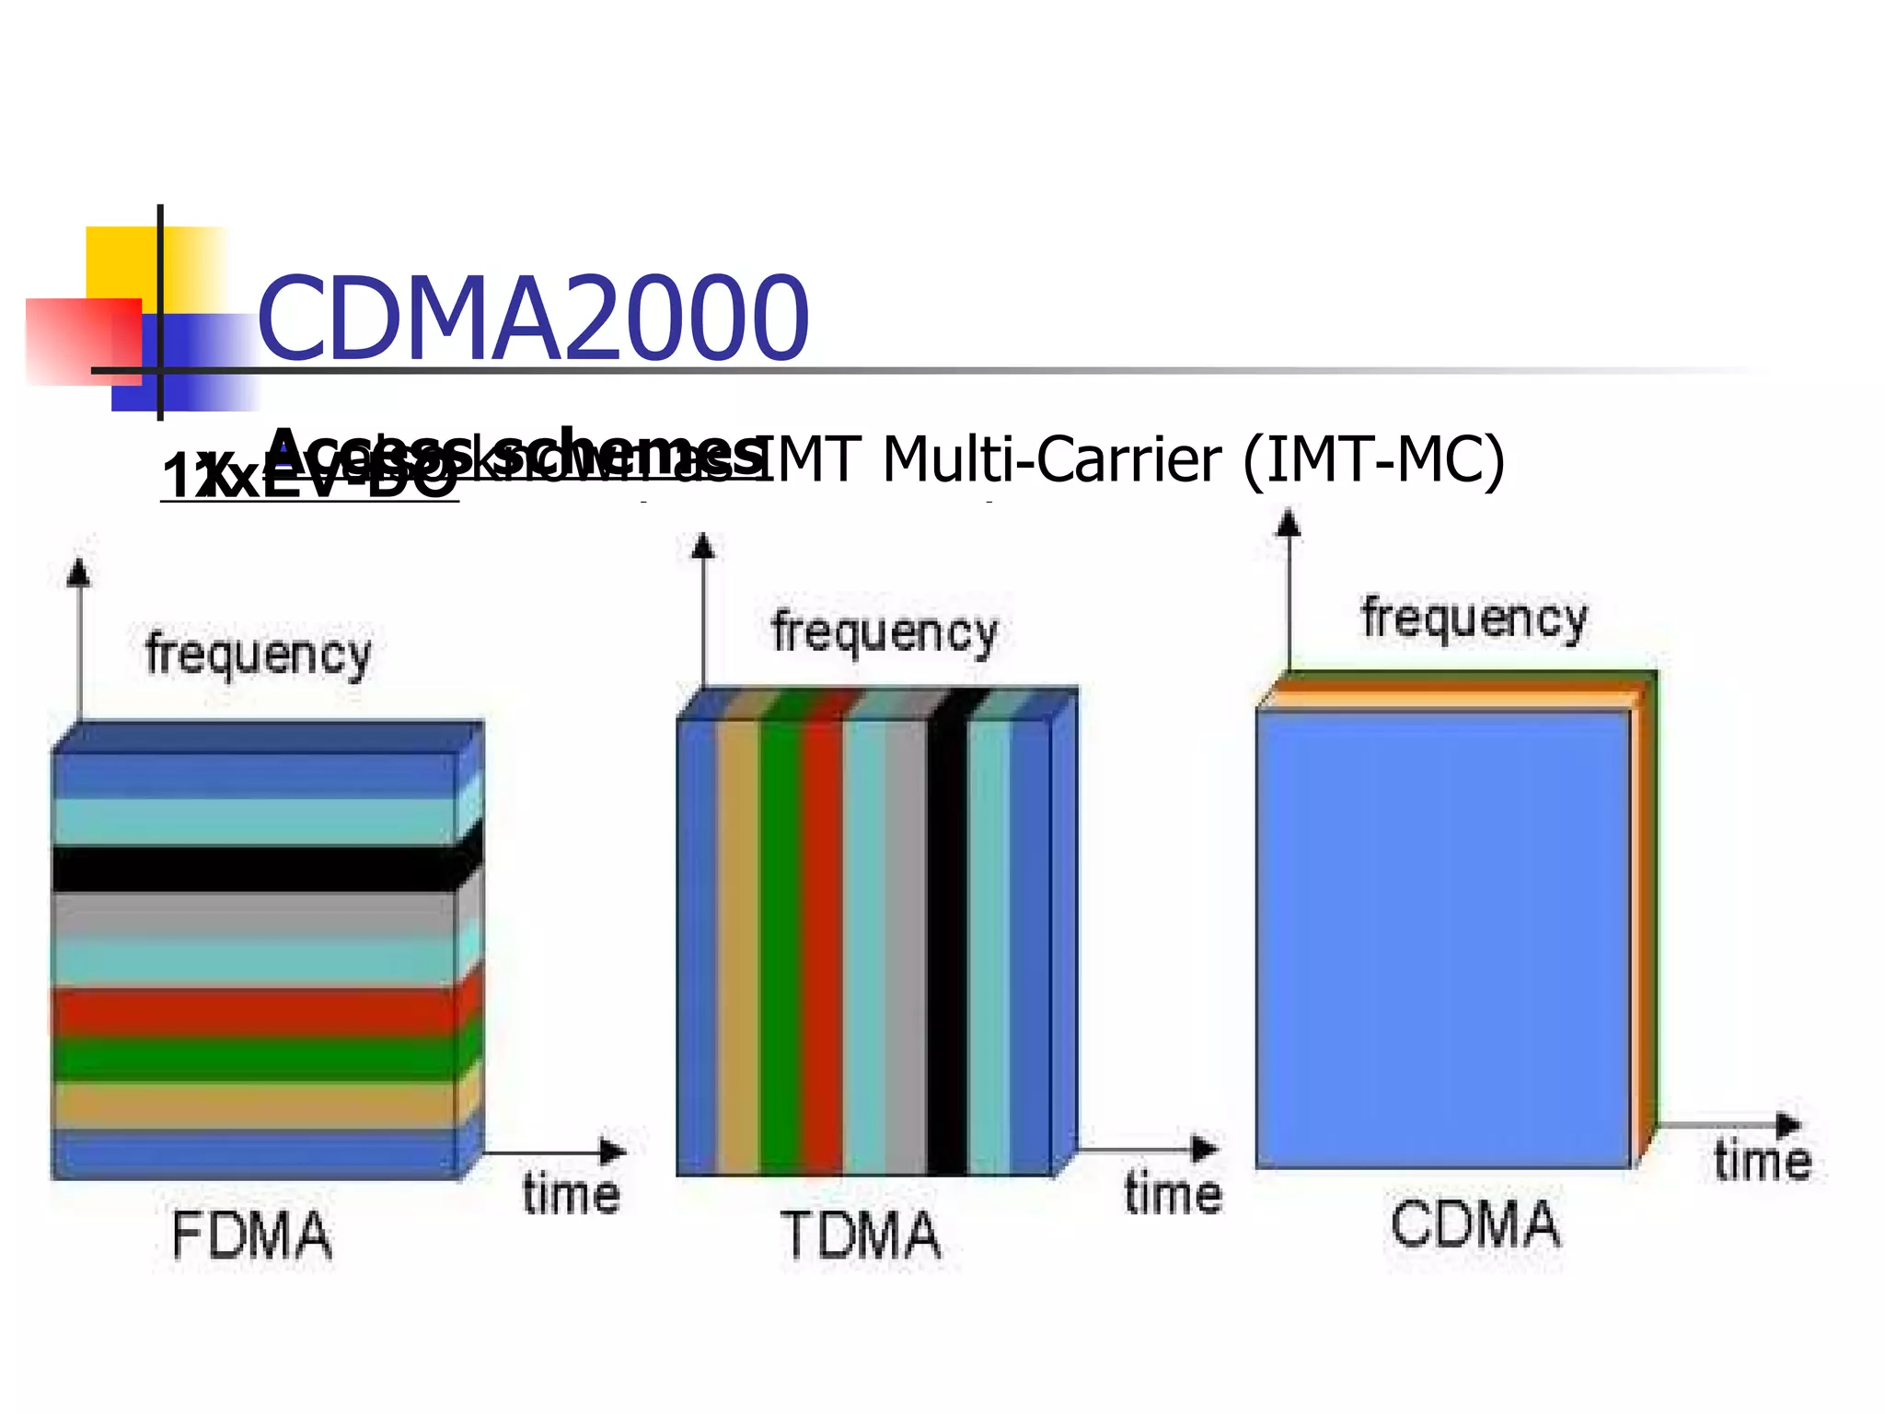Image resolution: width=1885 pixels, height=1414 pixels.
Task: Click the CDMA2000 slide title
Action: [532, 319]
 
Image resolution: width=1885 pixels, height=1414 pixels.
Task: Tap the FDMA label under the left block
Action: [251, 1235]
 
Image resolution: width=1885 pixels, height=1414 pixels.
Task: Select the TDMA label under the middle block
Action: [861, 1235]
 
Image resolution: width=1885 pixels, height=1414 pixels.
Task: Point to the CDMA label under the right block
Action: [1475, 1225]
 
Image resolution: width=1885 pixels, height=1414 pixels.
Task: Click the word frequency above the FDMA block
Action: [259, 655]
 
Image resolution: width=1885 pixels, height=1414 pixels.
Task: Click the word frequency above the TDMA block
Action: [885, 633]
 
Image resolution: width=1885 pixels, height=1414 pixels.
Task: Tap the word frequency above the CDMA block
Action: [1474, 619]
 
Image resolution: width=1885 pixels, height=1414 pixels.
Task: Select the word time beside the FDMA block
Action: [571, 1195]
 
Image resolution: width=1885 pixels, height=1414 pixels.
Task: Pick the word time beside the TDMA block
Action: [1174, 1195]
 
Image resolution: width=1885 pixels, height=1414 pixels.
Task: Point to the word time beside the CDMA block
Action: [1762, 1160]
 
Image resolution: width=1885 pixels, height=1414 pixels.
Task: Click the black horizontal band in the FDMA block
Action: [253, 869]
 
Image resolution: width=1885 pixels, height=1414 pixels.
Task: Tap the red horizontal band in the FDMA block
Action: [253, 1011]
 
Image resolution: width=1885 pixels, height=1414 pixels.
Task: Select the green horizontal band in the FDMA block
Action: [253, 1059]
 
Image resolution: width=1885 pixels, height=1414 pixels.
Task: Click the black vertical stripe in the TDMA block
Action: [947, 948]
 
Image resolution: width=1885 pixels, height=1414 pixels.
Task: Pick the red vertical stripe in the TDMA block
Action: [821, 948]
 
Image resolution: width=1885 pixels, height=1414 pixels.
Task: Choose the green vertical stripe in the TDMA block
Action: [780, 948]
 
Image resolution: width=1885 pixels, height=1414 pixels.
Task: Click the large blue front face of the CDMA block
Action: [1443, 939]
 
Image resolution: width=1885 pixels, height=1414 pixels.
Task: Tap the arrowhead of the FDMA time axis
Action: [614, 1151]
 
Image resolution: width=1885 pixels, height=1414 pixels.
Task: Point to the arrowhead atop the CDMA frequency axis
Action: [1289, 523]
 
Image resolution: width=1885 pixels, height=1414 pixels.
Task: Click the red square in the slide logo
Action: [83, 341]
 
